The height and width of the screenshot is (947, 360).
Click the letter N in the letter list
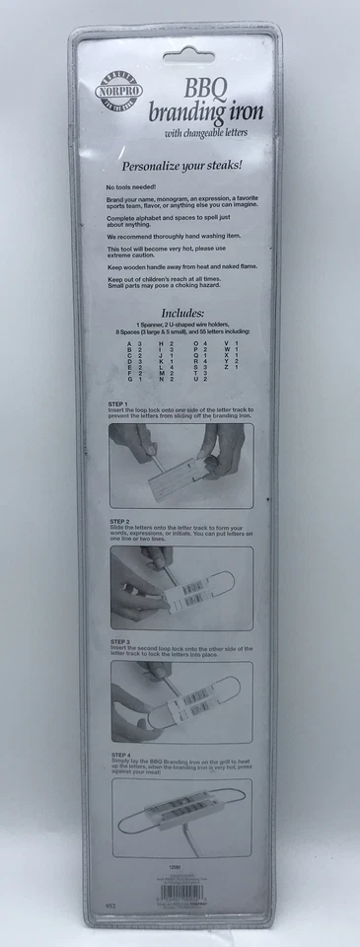click(160, 406)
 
